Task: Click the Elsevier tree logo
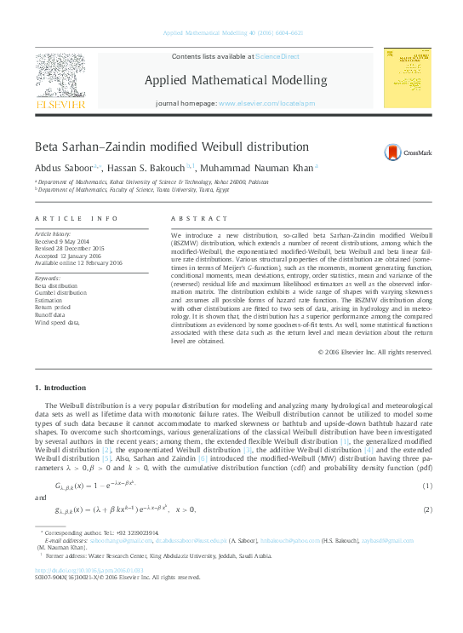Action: click(x=60, y=78)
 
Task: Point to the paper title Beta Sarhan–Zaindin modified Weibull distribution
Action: click(x=172, y=147)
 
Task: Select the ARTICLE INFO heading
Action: click(x=76, y=218)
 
